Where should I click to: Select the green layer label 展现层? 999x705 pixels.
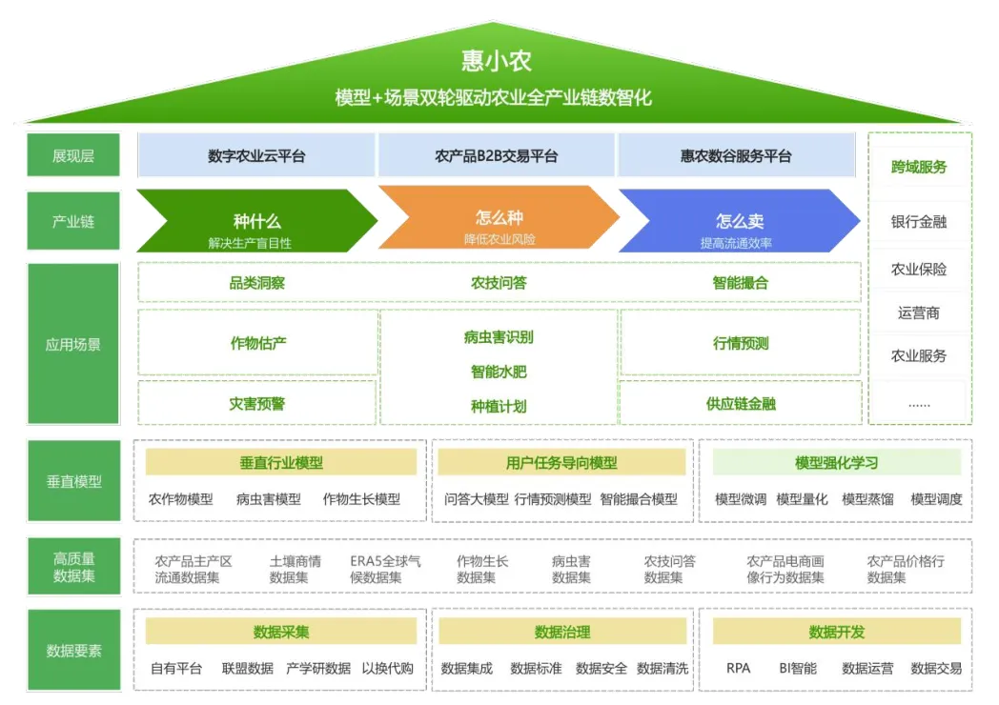[x=73, y=155]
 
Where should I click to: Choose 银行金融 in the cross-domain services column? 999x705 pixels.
[x=919, y=222]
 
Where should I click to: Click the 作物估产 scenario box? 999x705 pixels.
[x=258, y=343]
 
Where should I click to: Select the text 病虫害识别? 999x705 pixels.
[x=499, y=337]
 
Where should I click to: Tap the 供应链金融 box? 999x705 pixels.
[x=741, y=403]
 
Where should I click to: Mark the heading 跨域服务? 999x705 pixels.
[x=919, y=168]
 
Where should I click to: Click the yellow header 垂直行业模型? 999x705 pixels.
[x=281, y=463]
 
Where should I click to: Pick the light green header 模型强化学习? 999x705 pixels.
[x=836, y=463]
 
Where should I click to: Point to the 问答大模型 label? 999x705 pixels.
[x=477, y=499]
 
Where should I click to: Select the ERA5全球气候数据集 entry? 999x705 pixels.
[x=385, y=569]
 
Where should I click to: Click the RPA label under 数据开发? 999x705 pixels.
[x=738, y=669]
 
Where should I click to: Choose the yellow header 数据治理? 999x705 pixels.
[x=562, y=632]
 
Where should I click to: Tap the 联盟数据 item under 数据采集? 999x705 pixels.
[x=248, y=669]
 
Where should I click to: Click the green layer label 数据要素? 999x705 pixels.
[x=73, y=651]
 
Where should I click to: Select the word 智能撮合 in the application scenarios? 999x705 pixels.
[x=740, y=283]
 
